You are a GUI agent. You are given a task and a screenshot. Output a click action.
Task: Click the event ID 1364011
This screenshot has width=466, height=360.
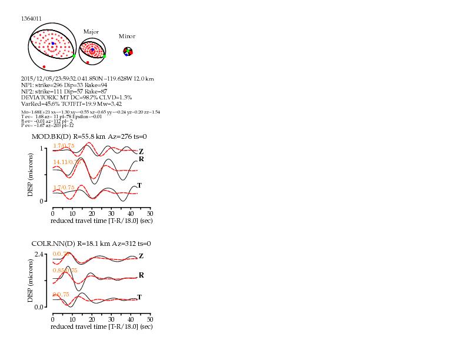tap(31, 18)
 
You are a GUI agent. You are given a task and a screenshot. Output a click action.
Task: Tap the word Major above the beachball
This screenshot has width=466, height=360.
tap(91, 31)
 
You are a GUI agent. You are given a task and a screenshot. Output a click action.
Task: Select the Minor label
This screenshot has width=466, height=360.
tap(127, 36)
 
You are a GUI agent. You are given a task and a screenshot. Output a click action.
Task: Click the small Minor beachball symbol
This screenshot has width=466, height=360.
tap(128, 52)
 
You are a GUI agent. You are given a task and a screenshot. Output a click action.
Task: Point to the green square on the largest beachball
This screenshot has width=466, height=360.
tap(74, 55)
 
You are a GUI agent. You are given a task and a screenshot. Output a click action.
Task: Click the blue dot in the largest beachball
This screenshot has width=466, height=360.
tap(53, 44)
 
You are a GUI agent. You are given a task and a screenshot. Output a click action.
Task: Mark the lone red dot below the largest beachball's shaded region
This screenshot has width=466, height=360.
tap(44, 66)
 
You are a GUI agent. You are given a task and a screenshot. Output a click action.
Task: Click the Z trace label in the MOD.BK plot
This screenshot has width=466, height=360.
tap(141, 151)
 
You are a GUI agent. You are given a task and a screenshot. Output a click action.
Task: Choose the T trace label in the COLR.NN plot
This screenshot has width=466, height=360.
tap(139, 297)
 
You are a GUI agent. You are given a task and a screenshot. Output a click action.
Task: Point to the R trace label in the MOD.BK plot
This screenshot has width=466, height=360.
tap(141, 159)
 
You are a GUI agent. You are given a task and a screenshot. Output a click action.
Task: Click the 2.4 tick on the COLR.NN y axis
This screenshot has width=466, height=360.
tap(40, 255)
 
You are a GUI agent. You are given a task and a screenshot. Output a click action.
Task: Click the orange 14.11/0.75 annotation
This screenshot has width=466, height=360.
tap(67, 162)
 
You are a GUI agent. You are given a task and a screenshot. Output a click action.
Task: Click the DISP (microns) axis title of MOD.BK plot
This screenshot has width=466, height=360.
tap(31, 175)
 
